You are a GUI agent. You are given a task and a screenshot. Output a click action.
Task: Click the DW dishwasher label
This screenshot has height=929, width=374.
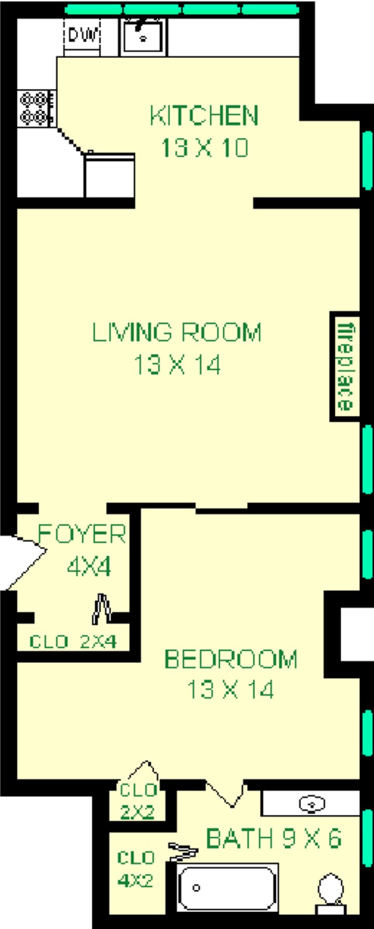(84, 35)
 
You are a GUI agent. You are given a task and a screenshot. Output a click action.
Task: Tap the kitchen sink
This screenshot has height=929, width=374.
(143, 36)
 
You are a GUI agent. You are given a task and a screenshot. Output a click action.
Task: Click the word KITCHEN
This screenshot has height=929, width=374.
(204, 116)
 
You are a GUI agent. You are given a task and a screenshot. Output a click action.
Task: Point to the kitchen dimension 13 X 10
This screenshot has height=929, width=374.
(205, 147)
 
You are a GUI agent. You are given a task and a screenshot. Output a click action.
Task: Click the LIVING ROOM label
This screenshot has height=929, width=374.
(176, 332)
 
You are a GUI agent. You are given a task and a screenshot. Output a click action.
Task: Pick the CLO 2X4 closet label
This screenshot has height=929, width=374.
(73, 642)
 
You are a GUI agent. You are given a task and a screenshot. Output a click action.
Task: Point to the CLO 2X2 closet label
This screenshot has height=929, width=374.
(137, 801)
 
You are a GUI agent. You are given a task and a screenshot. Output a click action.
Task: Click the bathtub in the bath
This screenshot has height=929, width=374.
(227, 888)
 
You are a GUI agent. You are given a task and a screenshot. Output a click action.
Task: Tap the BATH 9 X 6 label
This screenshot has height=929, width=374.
(273, 838)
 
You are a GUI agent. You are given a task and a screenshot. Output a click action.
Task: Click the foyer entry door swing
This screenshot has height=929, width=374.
(23, 562)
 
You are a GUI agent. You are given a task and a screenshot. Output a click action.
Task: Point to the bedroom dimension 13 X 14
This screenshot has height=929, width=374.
(230, 690)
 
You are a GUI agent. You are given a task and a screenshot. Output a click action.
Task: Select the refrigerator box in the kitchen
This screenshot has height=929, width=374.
(109, 174)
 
